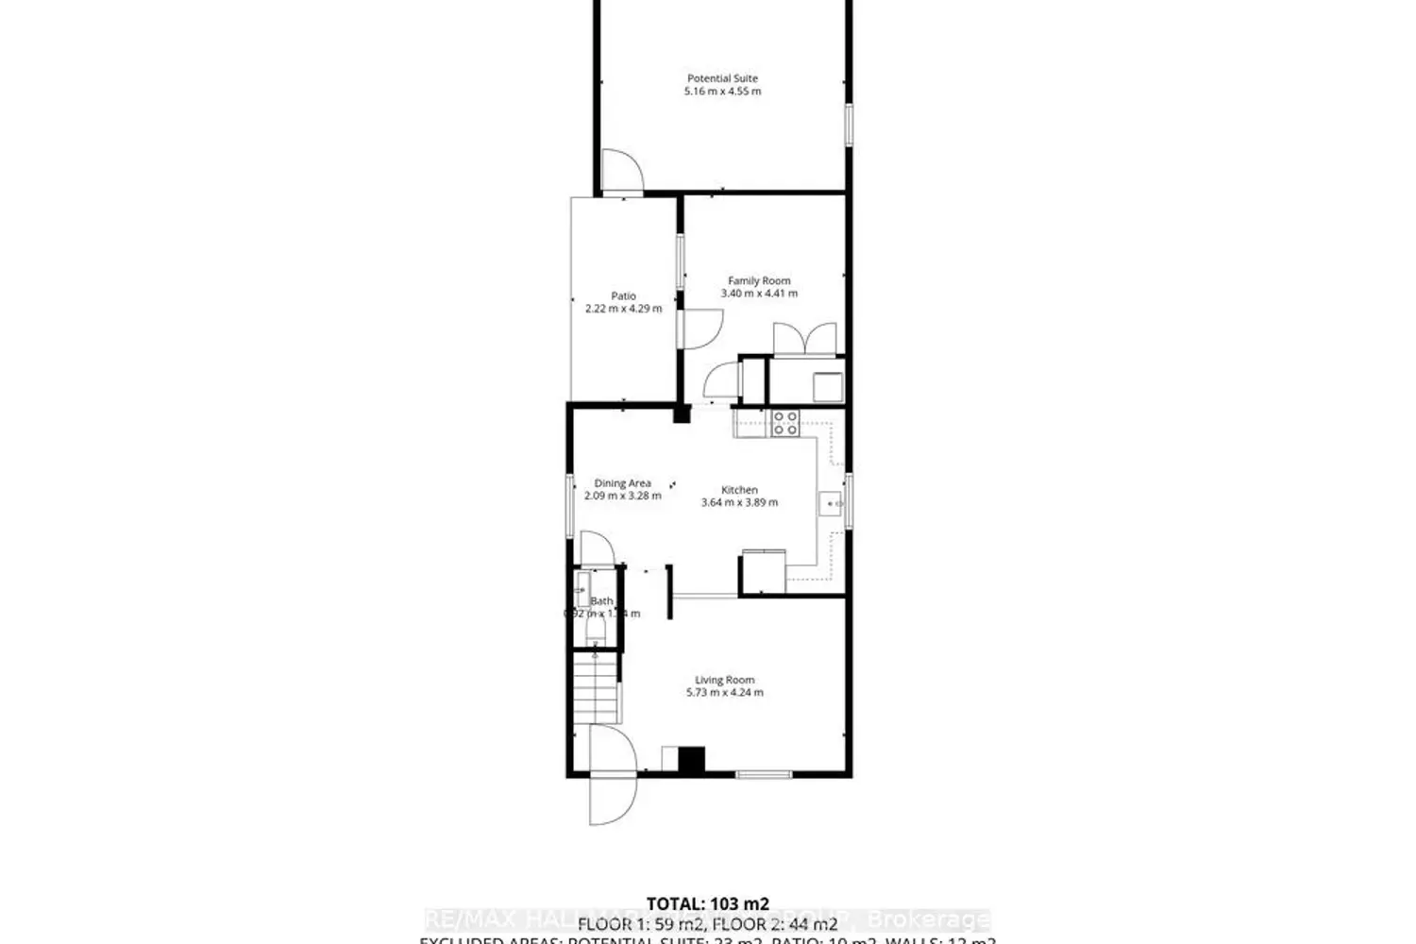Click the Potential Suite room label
722,78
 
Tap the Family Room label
759,280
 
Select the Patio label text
623,295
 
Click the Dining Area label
622,483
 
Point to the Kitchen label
739,490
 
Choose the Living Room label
724,680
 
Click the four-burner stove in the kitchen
785,423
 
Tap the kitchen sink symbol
833,505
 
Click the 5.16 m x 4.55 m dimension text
722,92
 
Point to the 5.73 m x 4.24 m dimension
724,693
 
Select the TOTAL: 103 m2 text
707,902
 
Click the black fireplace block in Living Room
692,760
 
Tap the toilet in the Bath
595,629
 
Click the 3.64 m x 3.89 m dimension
739,503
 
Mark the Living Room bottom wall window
764,775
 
